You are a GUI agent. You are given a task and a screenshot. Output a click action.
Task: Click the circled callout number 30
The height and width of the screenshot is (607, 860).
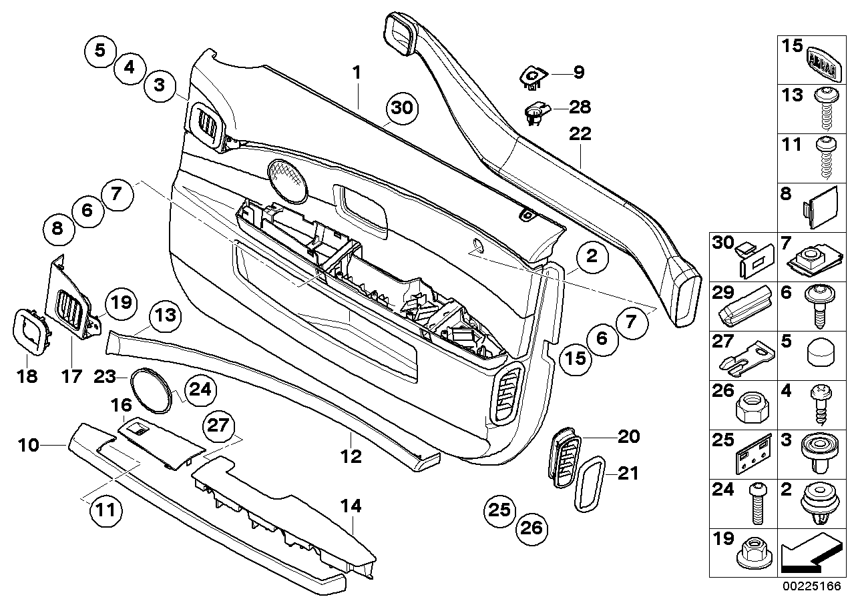(403, 109)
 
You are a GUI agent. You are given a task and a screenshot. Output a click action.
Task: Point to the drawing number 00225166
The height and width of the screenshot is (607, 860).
(813, 588)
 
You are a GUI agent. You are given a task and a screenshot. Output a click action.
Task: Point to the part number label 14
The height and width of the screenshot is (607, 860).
(351, 507)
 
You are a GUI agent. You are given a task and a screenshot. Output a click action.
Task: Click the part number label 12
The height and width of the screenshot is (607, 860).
(351, 457)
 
